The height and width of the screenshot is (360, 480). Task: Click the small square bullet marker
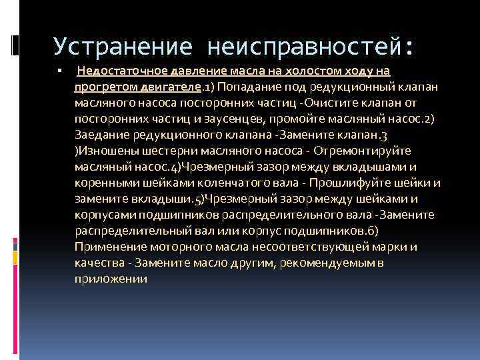tap(59, 71)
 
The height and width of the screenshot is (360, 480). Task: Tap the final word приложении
tap(111, 279)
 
